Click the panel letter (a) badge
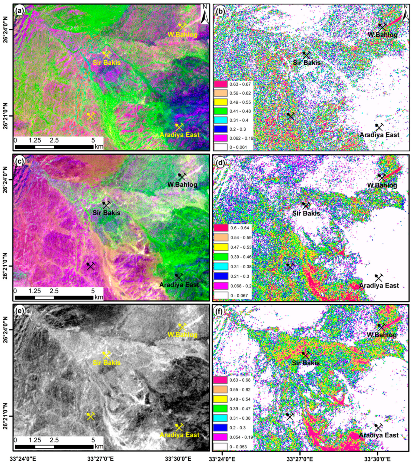20,11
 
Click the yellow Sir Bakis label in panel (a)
107,63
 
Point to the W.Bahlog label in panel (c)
182,185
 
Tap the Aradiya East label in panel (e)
179,435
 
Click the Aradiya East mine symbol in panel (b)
379,127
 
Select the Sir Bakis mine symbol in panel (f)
305,355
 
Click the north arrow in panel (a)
205,15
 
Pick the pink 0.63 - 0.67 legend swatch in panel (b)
221,84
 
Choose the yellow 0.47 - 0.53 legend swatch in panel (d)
221,247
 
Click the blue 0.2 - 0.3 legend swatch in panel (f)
220,428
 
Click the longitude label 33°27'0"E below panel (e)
100,459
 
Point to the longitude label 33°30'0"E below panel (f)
377,459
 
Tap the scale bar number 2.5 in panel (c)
54,291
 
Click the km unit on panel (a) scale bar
99,147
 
